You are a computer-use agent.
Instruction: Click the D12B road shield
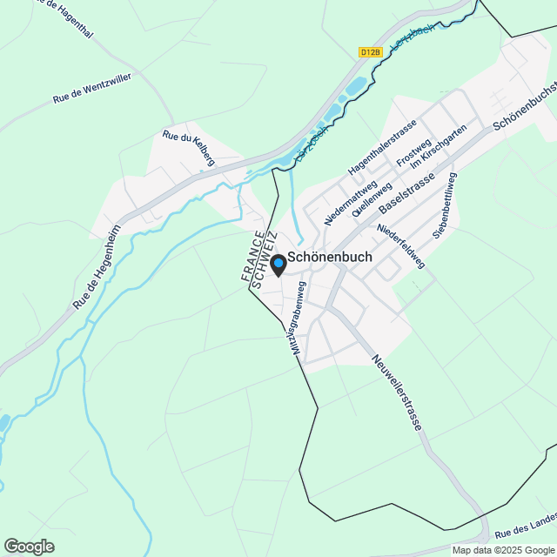[370, 52]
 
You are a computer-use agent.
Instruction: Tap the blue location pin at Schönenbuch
[278, 264]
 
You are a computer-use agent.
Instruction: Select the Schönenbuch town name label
[330, 258]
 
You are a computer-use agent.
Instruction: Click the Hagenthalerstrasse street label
[382, 147]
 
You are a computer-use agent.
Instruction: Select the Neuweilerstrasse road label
[396, 393]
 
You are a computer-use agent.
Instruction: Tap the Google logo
[28, 547]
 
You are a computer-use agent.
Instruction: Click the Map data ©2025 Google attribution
[503, 550]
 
